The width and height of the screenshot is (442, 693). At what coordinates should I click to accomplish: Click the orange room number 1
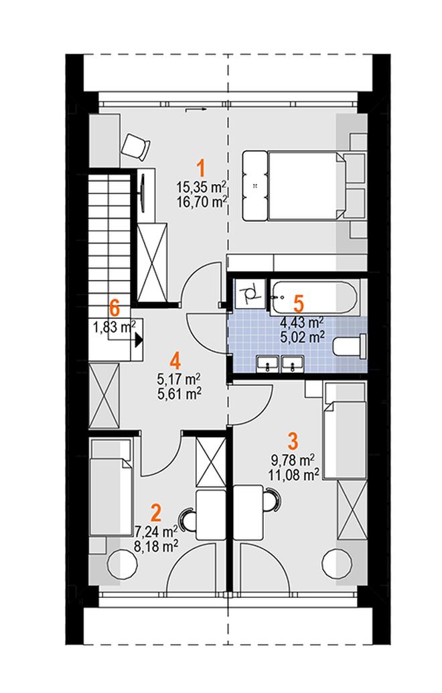click(x=201, y=169)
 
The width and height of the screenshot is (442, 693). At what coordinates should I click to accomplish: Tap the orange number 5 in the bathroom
click(x=299, y=304)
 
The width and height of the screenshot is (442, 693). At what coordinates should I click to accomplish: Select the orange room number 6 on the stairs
click(x=115, y=307)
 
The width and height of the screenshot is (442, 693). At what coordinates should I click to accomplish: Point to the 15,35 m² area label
click(x=202, y=187)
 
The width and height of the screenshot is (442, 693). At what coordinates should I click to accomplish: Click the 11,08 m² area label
click(x=293, y=475)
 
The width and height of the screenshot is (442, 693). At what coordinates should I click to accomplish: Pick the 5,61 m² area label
click(x=179, y=393)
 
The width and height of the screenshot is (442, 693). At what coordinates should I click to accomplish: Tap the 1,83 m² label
click(x=114, y=327)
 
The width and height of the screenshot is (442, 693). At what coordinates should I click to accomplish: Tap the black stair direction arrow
click(x=139, y=340)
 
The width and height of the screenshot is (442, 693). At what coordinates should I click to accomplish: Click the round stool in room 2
click(x=121, y=563)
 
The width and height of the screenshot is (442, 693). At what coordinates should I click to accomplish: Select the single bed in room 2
click(x=110, y=487)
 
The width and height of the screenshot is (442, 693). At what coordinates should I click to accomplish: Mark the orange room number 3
click(x=293, y=441)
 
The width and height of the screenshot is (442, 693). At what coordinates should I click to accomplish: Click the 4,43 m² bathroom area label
click(x=302, y=322)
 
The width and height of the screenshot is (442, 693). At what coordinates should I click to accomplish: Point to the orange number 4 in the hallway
click(x=175, y=361)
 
